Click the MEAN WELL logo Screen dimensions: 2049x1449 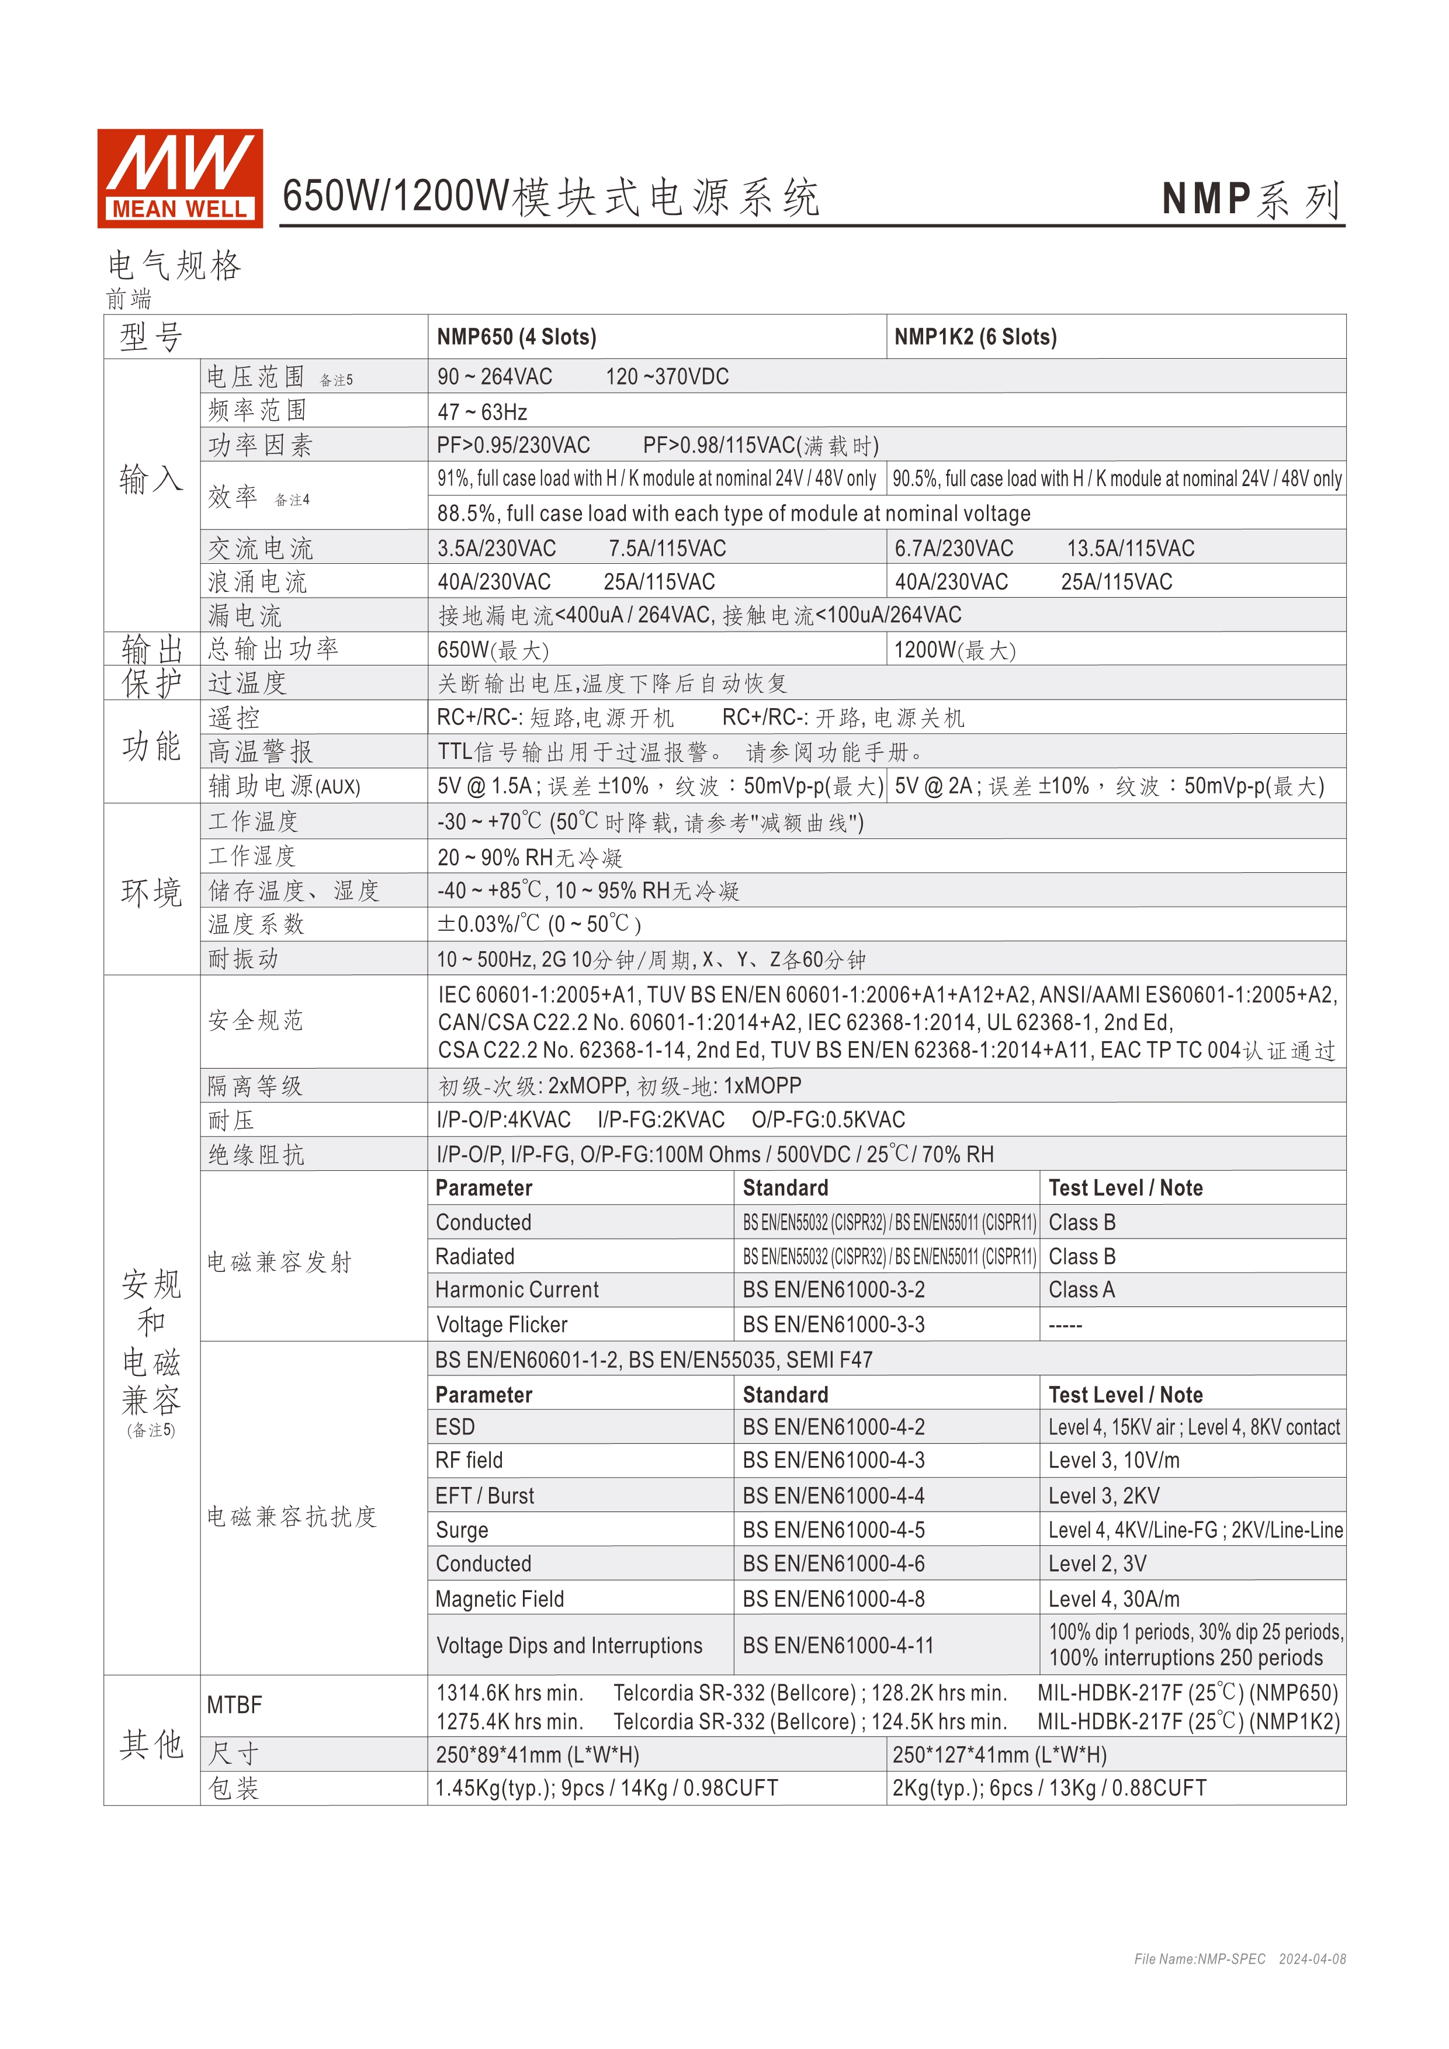tap(179, 178)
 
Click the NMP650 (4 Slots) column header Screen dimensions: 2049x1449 tap(516, 337)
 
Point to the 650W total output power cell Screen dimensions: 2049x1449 tap(493, 650)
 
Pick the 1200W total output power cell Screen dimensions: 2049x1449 tap(955, 650)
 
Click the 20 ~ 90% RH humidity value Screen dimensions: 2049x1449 tap(529, 858)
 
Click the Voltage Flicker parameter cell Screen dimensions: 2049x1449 tap(501, 1325)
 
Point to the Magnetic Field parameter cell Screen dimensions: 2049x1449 tap(500, 1599)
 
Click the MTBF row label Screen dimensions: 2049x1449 tap(235, 1705)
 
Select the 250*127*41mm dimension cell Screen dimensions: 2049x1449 tap(999, 1755)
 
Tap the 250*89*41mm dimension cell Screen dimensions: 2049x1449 tap(537, 1755)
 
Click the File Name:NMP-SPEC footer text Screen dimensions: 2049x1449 tap(1199, 1959)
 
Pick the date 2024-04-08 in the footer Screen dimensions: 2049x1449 tap(1312, 1959)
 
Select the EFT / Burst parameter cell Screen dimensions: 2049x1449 tap(484, 1496)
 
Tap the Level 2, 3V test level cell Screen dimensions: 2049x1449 tap(1097, 1565)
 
